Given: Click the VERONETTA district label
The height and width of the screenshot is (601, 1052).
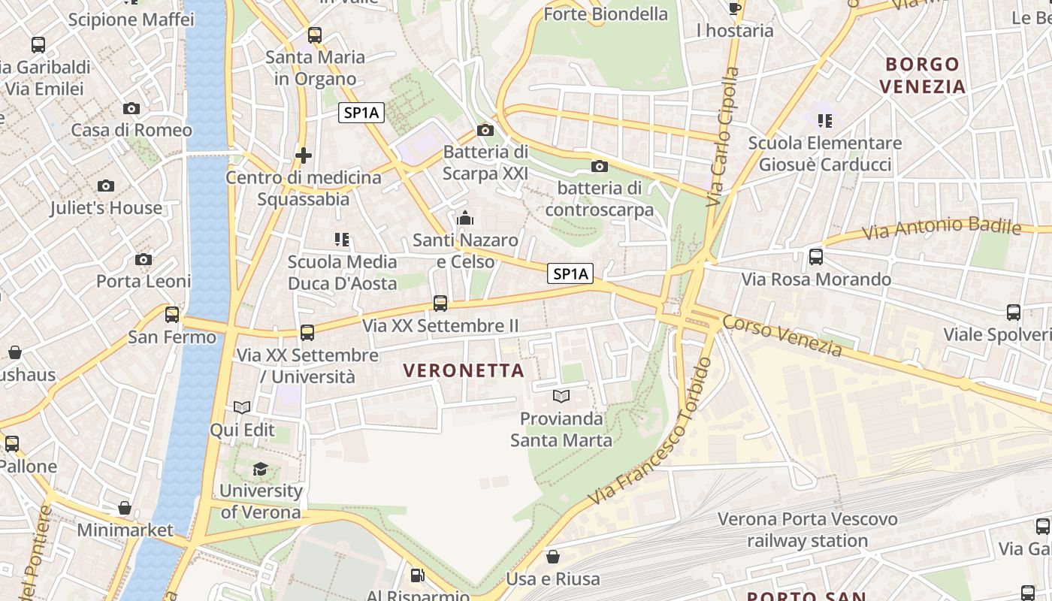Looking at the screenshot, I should pos(464,370).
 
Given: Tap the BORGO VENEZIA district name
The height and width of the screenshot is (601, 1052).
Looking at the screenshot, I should pos(922,75).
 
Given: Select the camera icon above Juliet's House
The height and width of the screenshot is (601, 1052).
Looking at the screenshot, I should pos(106,186).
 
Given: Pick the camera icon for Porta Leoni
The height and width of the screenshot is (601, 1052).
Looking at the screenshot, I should pos(143,260).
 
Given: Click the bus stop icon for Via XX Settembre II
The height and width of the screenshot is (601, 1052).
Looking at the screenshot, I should pos(440,304).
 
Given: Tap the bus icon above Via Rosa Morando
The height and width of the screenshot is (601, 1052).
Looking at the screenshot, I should pos(816,258).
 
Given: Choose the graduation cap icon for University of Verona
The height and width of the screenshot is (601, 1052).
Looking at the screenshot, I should pos(260,469).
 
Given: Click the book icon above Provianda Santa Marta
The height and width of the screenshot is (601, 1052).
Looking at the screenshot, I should pos(561,396).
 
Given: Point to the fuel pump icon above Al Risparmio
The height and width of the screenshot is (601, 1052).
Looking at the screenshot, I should pos(418,576).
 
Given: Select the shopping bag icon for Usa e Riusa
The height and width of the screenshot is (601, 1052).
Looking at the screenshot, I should pos(553,557).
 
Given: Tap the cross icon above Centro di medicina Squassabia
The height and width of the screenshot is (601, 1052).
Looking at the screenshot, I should pos(304,156).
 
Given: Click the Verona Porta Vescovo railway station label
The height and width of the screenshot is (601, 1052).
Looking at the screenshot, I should pos(807,530).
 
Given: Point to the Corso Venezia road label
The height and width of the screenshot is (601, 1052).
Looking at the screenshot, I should pos(781,335).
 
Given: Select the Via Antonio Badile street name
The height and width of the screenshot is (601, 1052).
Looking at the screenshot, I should pos(941,228).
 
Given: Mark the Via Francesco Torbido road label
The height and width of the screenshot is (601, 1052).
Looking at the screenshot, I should pos(650,431).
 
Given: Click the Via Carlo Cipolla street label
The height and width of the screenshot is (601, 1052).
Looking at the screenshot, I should pos(721,137).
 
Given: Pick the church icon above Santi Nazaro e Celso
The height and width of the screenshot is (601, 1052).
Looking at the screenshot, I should pos(465,219).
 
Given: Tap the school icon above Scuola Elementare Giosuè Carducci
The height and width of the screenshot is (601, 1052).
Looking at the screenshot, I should pos(825,121).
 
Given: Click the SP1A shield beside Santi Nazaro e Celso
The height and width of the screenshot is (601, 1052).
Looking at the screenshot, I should pos(570,274).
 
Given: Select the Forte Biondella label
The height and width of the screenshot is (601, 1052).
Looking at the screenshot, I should pos(606,14).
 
